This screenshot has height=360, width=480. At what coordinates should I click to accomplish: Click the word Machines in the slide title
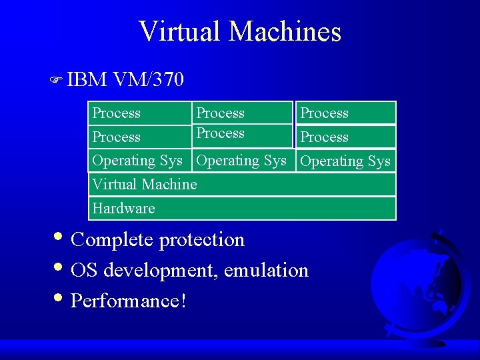[x=287, y=31]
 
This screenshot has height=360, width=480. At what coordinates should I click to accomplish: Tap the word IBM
[x=87, y=80]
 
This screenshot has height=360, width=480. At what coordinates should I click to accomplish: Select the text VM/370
[x=148, y=80]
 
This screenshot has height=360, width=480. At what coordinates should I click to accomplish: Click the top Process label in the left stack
[x=116, y=113]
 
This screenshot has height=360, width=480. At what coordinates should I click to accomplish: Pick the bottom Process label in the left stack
[x=116, y=137]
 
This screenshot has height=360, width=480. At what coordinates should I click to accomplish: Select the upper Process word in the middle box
[x=220, y=113]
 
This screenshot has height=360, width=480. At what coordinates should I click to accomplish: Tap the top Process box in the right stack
[x=346, y=113]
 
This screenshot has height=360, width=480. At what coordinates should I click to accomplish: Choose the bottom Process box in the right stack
[x=346, y=137]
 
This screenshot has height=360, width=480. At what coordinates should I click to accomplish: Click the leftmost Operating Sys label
[x=137, y=161]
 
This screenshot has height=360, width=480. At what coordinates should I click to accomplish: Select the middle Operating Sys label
[x=241, y=161]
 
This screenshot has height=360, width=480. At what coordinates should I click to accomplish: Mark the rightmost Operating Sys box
[x=346, y=161]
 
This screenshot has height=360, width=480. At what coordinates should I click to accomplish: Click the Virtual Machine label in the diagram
[x=145, y=185]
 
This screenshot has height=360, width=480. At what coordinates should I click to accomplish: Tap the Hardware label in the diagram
[x=123, y=209]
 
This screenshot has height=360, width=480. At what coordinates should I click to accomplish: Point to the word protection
[x=202, y=239]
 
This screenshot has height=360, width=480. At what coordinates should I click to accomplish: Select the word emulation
[x=266, y=270]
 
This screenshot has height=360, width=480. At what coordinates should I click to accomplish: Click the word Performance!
[x=128, y=301]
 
